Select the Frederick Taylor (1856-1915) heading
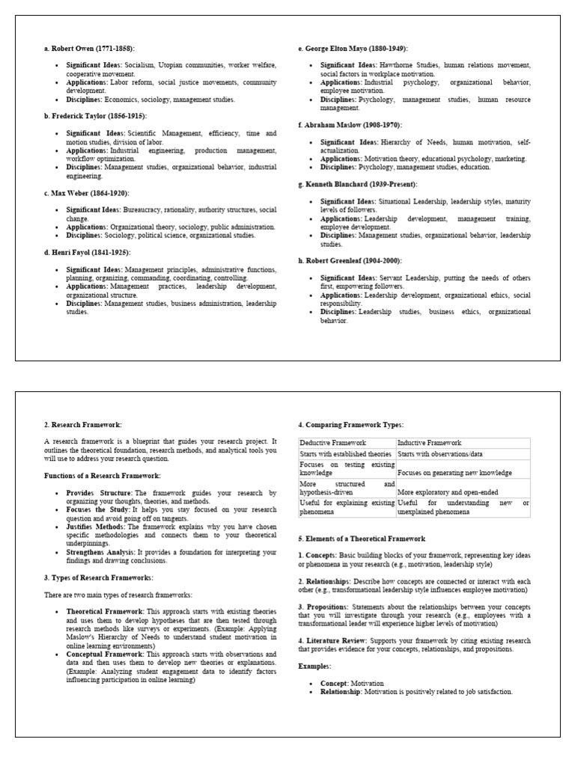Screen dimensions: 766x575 tap(95, 116)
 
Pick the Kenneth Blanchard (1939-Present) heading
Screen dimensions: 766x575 tap(357, 184)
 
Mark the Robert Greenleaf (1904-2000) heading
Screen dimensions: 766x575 tap(350, 260)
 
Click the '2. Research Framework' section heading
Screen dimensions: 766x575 tap(81, 425)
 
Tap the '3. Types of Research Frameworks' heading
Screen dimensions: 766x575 tap(98, 577)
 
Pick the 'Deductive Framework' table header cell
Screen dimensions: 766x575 tap(329, 443)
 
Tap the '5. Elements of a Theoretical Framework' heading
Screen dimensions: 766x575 tap(362, 539)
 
